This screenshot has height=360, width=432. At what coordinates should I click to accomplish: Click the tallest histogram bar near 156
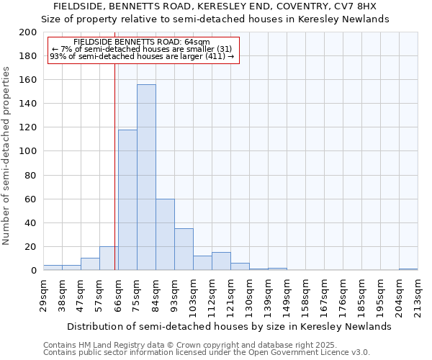pos(146,177)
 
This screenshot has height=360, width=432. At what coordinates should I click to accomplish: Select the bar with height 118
pos(127,200)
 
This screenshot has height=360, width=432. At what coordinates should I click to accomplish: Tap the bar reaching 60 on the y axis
pos(165,235)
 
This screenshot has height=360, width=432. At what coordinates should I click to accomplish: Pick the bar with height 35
pos(184,249)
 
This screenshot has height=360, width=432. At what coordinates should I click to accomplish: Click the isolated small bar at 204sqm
pos(408,269)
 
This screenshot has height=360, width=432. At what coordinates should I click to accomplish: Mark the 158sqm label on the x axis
pos(305,295)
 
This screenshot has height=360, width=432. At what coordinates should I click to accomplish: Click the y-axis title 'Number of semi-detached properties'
pos(7,156)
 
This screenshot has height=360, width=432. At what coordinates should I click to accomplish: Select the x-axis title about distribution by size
pos(227,326)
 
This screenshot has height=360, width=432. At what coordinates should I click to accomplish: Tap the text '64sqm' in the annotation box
pos(197,42)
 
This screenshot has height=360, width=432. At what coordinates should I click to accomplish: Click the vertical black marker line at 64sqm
pos(114,166)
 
